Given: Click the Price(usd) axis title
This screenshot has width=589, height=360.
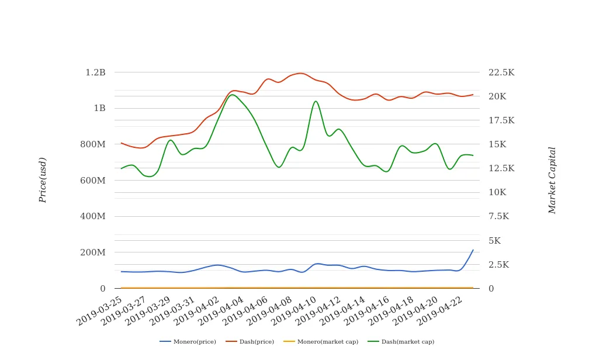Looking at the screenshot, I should click(x=43, y=180).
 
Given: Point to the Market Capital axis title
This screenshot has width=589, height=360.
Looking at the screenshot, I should click(x=552, y=180).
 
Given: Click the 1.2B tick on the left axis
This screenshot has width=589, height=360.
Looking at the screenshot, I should click(x=95, y=72).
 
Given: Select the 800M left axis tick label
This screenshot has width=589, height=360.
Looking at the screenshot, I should click(x=93, y=144).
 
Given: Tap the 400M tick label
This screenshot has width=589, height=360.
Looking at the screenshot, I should click(x=93, y=216).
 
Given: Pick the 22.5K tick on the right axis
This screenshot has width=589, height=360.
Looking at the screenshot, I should click(x=502, y=72).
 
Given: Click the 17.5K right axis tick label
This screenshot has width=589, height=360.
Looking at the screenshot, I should click(x=502, y=120).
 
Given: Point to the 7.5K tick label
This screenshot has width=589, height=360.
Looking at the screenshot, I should click(x=499, y=216).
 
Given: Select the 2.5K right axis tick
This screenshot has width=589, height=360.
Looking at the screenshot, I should click(x=499, y=265).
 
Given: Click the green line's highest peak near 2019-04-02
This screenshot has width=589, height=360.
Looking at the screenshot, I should click(x=232, y=95).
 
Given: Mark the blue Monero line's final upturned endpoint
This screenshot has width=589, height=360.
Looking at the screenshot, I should click(x=473, y=250).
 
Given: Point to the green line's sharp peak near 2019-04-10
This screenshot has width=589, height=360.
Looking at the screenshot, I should click(x=316, y=101).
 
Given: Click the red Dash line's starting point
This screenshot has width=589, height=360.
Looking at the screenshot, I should click(x=121, y=143).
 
